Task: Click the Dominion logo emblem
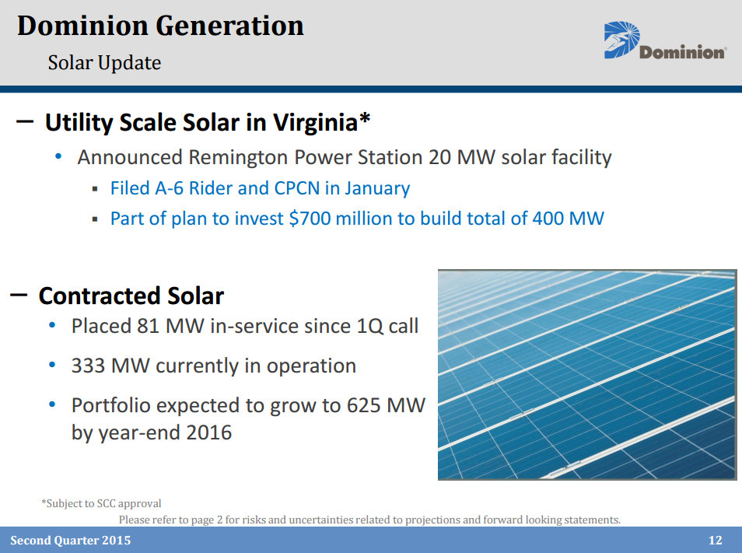pos(621,40)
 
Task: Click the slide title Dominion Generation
pos(160,26)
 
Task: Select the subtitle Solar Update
pos(104,62)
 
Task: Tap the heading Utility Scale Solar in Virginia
pos(201,123)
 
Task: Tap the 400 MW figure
pos(568,219)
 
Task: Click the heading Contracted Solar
pos(131,296)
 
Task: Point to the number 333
pos(88,366)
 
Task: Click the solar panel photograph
pos(586,374)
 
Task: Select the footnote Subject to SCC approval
pos(101,503)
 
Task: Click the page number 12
pos(716,541)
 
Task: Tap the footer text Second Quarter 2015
pos(70,541)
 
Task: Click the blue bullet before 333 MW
pos(52,365)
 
